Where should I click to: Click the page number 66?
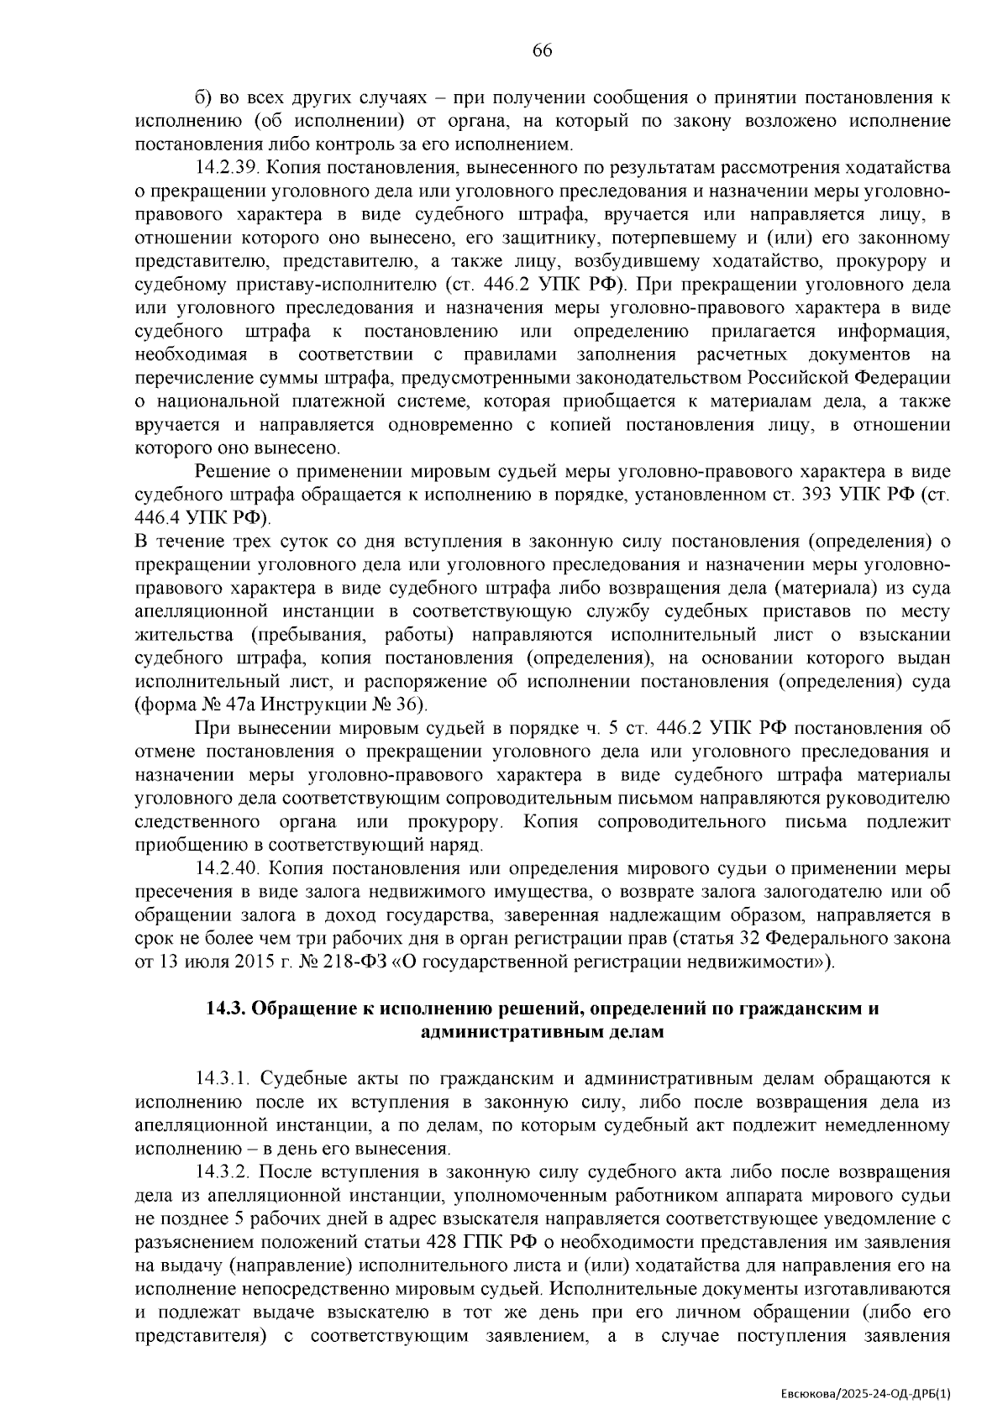pos(542,51)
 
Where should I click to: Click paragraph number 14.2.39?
pos(228,167)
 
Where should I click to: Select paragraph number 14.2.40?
pos(228,867)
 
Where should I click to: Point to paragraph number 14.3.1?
pos(223,1078)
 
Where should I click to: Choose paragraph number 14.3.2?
pos(223,1172)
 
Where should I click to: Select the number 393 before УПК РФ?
pos(816,494)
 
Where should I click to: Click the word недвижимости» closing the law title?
pos(765,961)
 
